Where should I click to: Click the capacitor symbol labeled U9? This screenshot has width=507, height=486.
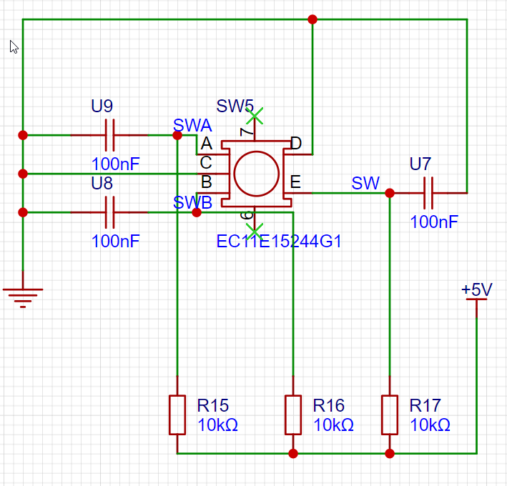(109, 135)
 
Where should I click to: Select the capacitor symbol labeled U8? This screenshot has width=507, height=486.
(109, 212)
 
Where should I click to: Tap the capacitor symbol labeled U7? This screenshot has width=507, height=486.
(428, 193)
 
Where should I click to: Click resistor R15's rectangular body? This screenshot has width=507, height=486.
(177, 415)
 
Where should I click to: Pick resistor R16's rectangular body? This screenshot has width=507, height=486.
(293, 415)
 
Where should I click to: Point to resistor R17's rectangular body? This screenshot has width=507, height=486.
(390, 415)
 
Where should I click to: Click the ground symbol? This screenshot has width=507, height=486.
(23, 296)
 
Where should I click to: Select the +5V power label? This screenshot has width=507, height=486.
(476, 289)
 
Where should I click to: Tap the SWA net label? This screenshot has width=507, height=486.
(192, 125)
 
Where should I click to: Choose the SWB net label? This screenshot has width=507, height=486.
(192, 202)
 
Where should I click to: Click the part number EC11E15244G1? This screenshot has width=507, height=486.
(279, 241)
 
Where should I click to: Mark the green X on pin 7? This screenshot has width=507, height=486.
(255, 116)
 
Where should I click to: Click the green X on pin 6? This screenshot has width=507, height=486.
(255, 232)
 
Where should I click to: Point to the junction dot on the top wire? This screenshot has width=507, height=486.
(312, 19)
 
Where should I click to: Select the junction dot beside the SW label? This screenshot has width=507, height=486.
(390, 193)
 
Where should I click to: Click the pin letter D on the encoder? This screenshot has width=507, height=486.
(296, 143)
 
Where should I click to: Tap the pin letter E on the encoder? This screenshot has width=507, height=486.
(295, 182)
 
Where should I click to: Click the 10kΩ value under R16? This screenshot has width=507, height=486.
(333, 425)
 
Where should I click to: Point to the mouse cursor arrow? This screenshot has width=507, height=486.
(14, 47)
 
